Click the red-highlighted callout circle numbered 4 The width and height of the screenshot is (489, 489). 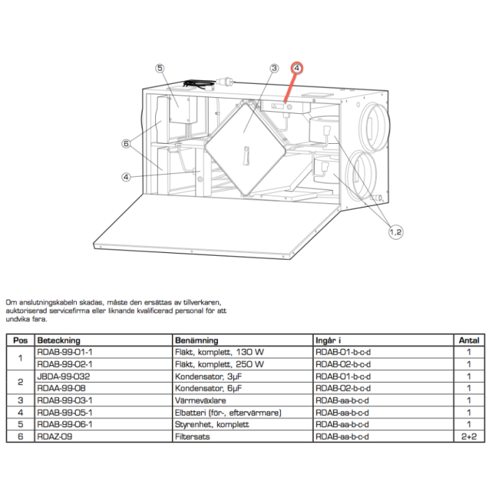click(297, 68)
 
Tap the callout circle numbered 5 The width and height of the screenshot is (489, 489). click(160, 68)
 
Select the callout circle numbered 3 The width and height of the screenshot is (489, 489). click(275, 68)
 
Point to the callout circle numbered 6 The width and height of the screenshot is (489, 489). click(126, 144)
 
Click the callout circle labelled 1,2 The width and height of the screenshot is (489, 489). click(395, 231)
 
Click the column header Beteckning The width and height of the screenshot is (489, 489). click(59, 340)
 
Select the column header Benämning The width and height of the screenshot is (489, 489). click(197, 340)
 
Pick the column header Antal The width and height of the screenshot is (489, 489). click(467, 340)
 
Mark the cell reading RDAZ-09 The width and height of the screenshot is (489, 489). click(54, 437)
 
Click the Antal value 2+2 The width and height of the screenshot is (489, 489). click(467, 437)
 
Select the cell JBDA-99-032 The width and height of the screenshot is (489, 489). click(64, 376)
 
